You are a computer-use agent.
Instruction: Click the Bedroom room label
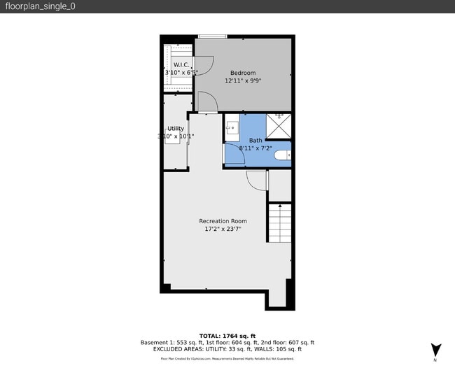point(243,73)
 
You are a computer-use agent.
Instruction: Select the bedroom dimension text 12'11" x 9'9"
point(243,81)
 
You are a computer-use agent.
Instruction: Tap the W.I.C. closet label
point(174,64)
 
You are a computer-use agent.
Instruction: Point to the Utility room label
point(175,128)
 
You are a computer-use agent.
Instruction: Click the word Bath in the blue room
point(255,141)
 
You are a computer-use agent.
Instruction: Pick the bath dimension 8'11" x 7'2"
point(255,148)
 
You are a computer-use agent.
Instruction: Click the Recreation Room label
point(223,221)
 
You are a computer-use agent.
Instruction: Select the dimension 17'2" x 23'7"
point(223,229)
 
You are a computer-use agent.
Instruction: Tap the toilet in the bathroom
point(283,155)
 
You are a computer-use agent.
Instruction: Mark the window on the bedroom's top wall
point(212,36)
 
